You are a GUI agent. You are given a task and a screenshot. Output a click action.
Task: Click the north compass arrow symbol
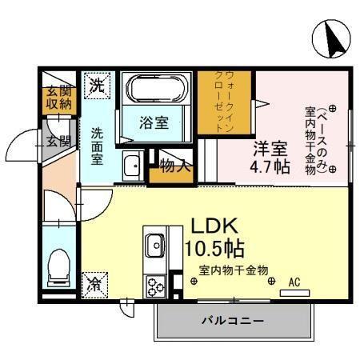[330, 38]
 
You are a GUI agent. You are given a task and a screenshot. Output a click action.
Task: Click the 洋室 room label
[270, 149]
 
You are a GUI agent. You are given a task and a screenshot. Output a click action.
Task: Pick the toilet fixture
[58, 267]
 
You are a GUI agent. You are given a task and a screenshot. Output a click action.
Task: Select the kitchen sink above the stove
[154, 244]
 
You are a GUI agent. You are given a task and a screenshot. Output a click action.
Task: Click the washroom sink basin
[133, 166]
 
